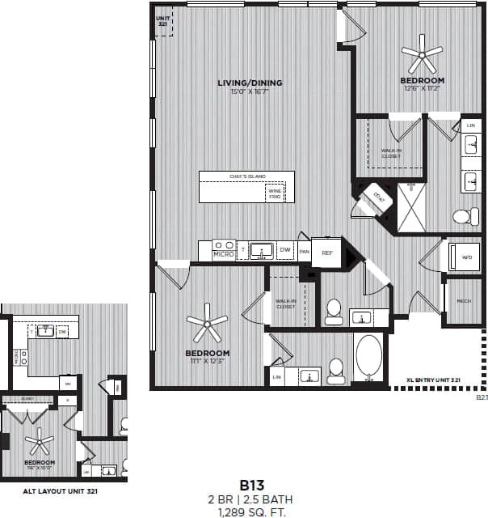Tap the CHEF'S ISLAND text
pyautogui.click(x=247, y=176)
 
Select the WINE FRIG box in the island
pyautogui.click(x=276, y=193)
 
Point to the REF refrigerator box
pyautogui.click(x=327, y=253)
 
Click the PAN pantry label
pyautogui.click(x=305, y=253)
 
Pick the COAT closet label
pyautogui.click(x=376, y=197)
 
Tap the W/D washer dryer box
pyautogui.click(x=465, y=257)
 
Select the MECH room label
pyautogui.click(x=464, y=301)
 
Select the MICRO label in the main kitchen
pyautogui.click(x=223, y=254)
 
